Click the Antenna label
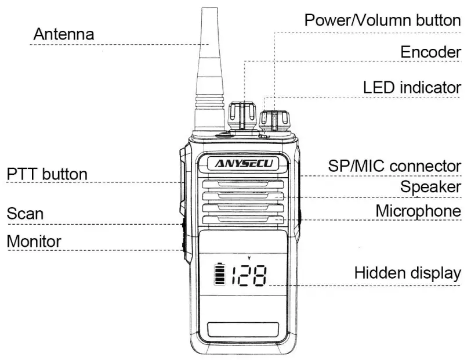coord(64,34)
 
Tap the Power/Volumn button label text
coord(382,20)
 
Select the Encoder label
coord(430,52)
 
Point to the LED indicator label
coord(412,88)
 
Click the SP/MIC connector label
coord(394,165)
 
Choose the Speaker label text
coord(430,187)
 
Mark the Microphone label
coord(418,210)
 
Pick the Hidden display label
coord(407,272)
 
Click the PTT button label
coord(47,174)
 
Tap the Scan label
coord(25,213)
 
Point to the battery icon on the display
coord(220,274)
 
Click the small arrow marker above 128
coord(249,257)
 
